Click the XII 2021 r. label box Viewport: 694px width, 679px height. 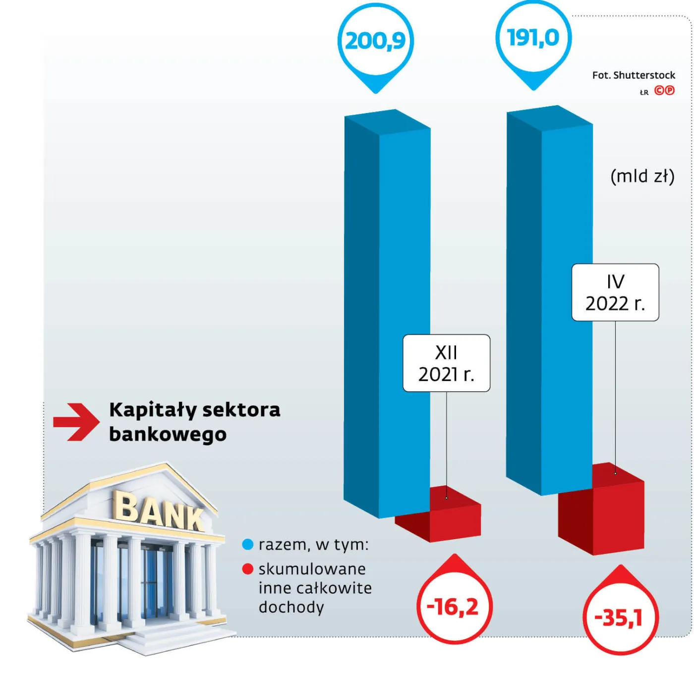446,363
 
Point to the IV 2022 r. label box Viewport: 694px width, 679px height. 615,292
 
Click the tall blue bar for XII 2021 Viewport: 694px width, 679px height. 387,314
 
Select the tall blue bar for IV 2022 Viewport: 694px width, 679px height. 549,300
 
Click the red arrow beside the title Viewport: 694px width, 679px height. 76,422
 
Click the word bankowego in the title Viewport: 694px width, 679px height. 168,435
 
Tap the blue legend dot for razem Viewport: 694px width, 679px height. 247,545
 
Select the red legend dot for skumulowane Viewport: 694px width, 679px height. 247,569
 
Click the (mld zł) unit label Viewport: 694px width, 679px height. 642,176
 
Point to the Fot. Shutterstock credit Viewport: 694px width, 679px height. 634,75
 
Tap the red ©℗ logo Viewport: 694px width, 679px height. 664,91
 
